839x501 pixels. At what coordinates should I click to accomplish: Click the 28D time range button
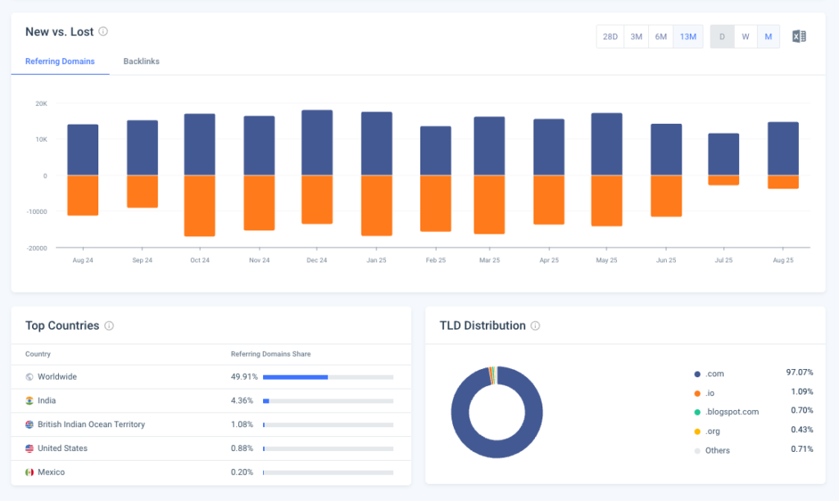(610, 37)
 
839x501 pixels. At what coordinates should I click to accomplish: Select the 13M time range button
(688, 37)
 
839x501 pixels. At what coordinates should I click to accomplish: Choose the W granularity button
(745, 37)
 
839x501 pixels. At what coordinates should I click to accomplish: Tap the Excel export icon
(799, 36)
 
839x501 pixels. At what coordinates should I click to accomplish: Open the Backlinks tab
(141, 61)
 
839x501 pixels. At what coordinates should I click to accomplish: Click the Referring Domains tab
(60, 61)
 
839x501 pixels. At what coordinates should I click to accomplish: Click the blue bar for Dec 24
(317, 143)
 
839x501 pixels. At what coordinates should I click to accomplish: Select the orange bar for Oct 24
(200, 205)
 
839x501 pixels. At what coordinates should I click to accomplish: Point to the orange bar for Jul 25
(723, 180)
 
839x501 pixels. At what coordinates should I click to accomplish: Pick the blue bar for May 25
(606, 144)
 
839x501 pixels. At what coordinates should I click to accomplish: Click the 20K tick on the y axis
(41, 103)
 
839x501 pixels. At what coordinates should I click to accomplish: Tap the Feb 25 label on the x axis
(435, 260)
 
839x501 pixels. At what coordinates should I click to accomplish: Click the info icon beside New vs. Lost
(103, 31)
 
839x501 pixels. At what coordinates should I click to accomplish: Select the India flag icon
(29, 401)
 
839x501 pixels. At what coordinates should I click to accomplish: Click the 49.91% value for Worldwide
(244, 377)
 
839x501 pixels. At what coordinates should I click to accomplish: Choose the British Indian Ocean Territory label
(91, 425)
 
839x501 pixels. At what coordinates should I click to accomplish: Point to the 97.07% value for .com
(799, 372)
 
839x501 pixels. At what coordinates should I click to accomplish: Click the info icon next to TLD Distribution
(535, 326)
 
